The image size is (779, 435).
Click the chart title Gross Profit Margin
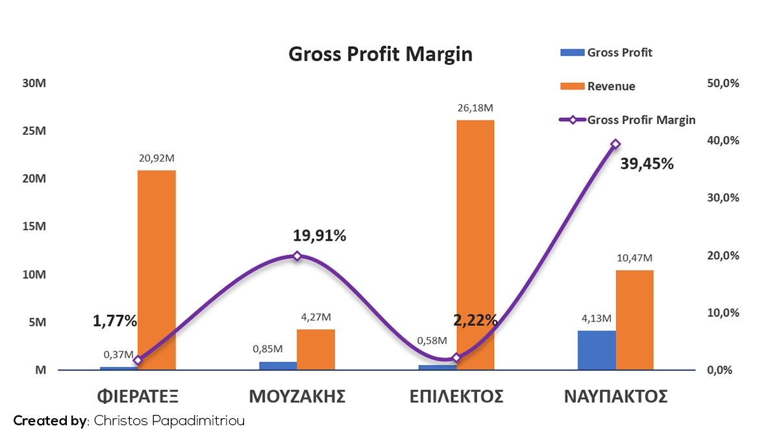380,54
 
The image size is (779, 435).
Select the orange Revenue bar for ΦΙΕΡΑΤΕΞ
156,270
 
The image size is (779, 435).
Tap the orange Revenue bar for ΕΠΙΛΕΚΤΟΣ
475,245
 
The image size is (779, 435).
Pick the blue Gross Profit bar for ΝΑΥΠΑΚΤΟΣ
597,350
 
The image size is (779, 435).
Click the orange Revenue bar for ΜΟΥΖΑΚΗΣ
315,349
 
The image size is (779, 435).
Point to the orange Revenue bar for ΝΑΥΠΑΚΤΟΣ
635,320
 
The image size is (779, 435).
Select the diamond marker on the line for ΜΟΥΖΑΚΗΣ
297,256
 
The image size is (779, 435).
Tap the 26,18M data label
475,108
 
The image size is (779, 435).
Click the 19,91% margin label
319,236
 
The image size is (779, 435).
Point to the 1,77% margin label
115,321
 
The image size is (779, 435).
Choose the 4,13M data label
597,318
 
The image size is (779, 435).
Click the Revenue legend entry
598,86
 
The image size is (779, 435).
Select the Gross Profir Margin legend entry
627,120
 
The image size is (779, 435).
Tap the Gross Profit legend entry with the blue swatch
606,53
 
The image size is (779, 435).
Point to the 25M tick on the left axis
34,131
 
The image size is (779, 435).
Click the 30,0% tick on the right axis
723,198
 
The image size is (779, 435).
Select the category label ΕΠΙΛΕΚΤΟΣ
456,397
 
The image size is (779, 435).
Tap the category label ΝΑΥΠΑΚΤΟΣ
615,397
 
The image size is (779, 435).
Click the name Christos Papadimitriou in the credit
169,421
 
